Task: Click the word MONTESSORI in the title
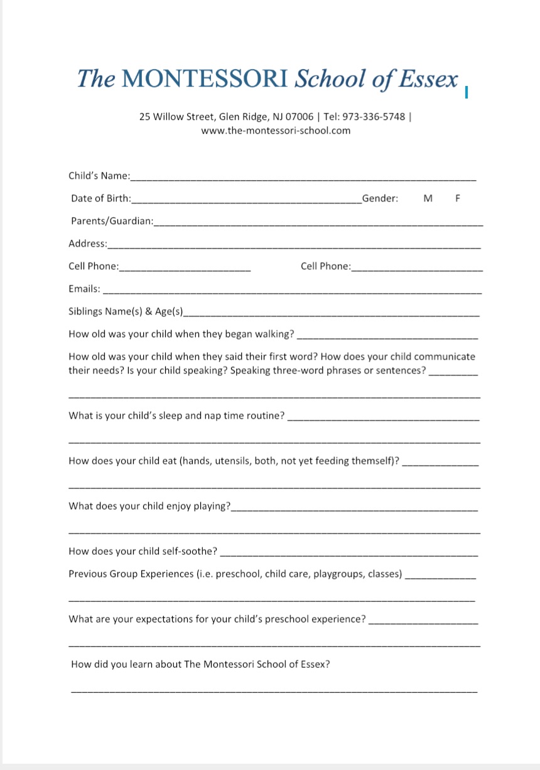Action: (206, 79)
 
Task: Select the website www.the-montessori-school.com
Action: (276, 131)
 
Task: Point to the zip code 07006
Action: (300, 117)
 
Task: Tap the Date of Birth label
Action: (101, 198)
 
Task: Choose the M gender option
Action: (428, 198)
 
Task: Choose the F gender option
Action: (458, 198)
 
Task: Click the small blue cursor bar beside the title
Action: (467, 93)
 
